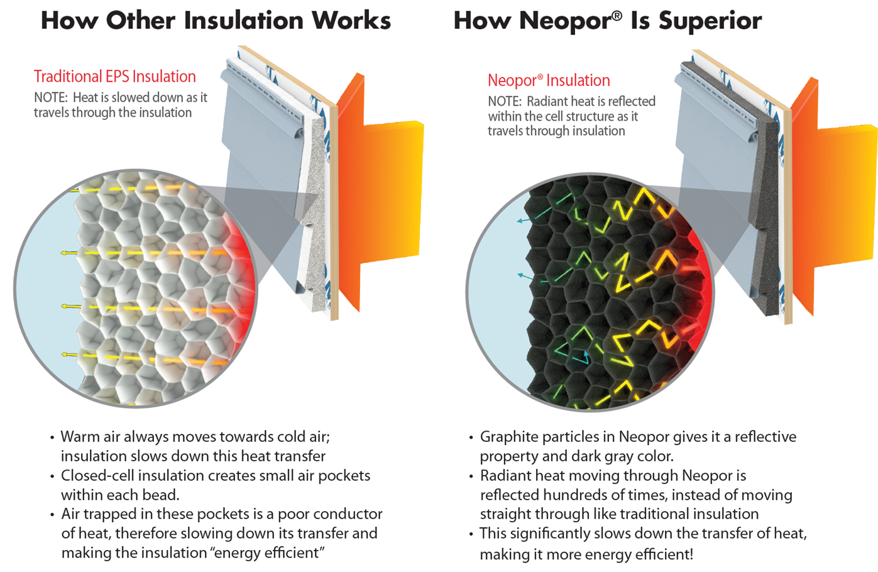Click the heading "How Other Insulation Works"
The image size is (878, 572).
point(216,21)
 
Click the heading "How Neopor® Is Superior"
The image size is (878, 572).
point(607,21)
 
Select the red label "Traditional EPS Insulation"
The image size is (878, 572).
point(115,77)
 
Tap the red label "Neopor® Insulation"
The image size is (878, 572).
point(549,80)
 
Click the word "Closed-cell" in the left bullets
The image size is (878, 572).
point(97,476)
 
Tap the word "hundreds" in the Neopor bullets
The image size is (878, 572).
point(573,495)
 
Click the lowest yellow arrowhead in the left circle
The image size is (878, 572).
point(65,355)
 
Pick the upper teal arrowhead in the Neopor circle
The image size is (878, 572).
point(520,221)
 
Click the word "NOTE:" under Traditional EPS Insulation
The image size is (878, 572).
point(50,98)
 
